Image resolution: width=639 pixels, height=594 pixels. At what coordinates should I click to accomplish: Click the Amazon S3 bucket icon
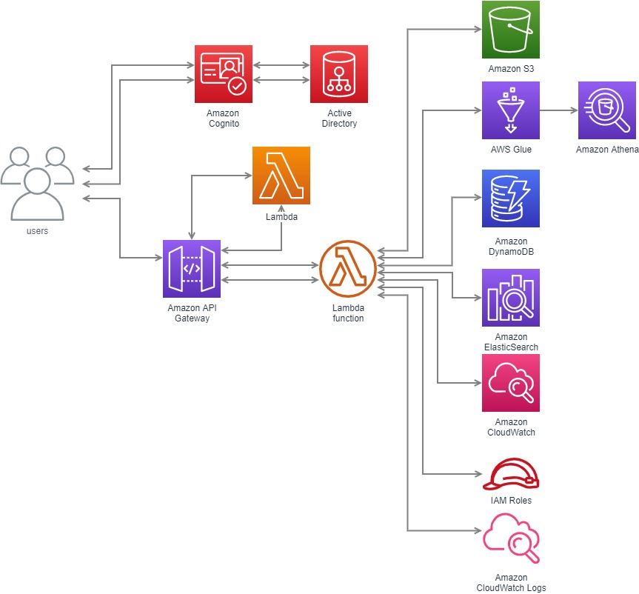[x=510, y=30]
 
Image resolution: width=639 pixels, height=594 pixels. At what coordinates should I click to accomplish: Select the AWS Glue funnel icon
[x=510, y=110]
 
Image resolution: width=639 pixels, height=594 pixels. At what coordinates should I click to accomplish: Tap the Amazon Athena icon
[x=607, y=110]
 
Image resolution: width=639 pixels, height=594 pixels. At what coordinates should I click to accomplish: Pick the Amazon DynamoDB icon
[x=510, y=198]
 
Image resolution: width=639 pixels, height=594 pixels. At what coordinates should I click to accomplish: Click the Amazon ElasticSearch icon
[x=510, y=298]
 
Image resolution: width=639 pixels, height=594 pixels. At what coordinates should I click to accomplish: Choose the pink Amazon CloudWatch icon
[x=510, y=383]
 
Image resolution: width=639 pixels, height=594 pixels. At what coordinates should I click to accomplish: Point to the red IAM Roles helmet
[x=511, y=474]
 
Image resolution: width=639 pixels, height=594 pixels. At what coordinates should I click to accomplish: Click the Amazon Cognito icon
[x=224, y=74]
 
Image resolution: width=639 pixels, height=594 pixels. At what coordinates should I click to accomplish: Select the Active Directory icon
[x=339, y=74]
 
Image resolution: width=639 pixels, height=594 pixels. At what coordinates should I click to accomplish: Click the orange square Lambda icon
[x=281, y=176]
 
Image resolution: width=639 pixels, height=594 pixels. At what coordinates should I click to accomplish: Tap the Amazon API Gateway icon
[x=192, y=268]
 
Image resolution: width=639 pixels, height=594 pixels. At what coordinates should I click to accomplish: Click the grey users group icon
[x=37, y=183]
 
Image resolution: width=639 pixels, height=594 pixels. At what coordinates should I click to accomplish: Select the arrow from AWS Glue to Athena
[x=558, y=110]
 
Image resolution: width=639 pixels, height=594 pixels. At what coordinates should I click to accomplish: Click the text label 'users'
[x=37, y=231]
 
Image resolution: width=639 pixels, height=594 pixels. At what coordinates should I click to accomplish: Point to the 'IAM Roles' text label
[x=510, y=501]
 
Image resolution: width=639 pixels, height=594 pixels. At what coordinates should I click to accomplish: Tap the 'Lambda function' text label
[x=348, y=313]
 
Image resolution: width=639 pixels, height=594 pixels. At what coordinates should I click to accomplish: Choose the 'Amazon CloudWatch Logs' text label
[x=511, y=583]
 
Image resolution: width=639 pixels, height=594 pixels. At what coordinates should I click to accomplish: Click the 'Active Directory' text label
[x=339, y=119]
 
